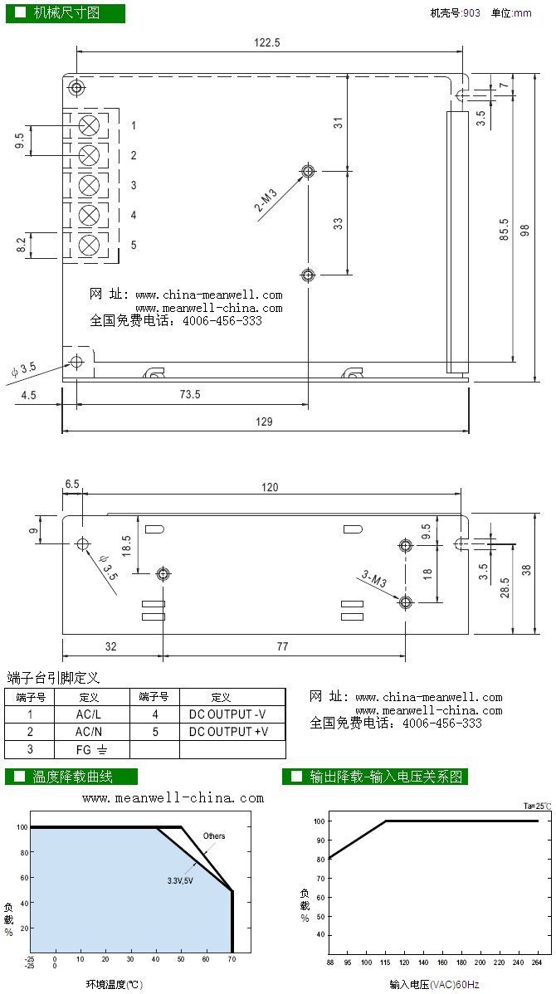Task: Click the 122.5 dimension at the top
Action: pyautogui.click(x=267, y=42)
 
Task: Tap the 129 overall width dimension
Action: pyautogui.click(x=264, y=421)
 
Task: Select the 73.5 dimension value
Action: pyautogui.click(x=190, y=395)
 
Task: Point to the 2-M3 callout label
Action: pyautogui.click(x=266, y=200)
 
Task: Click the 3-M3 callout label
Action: pyautogui.click(x=375, y=578)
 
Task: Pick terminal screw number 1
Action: pyautogui.click(x=89, y=125)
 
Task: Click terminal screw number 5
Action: pyautogui.click(x=89, y=245)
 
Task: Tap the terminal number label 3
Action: pyautogui.click(x=134, y=186)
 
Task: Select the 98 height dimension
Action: pyautogui.click(x=524, y=231)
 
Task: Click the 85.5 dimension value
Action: pyautogui.click(x=504, y=230)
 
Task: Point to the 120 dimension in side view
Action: pyautogui.click(x=271, y=487)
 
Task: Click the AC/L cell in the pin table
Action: pyautogui.click(x=88, y=714)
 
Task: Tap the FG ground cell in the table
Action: pyautogui.click(x=91, y=750)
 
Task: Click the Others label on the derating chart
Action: pyautogui.click(x=214, y=836)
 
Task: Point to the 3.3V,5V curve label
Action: pyautogui.click(x=179, y=879)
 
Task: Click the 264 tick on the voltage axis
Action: pyautogui.click(x=537, y=962)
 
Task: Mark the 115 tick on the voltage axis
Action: pyautogui.click(x=387, y=962)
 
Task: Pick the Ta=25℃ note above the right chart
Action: pyautogui.click(x=537, y=806)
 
